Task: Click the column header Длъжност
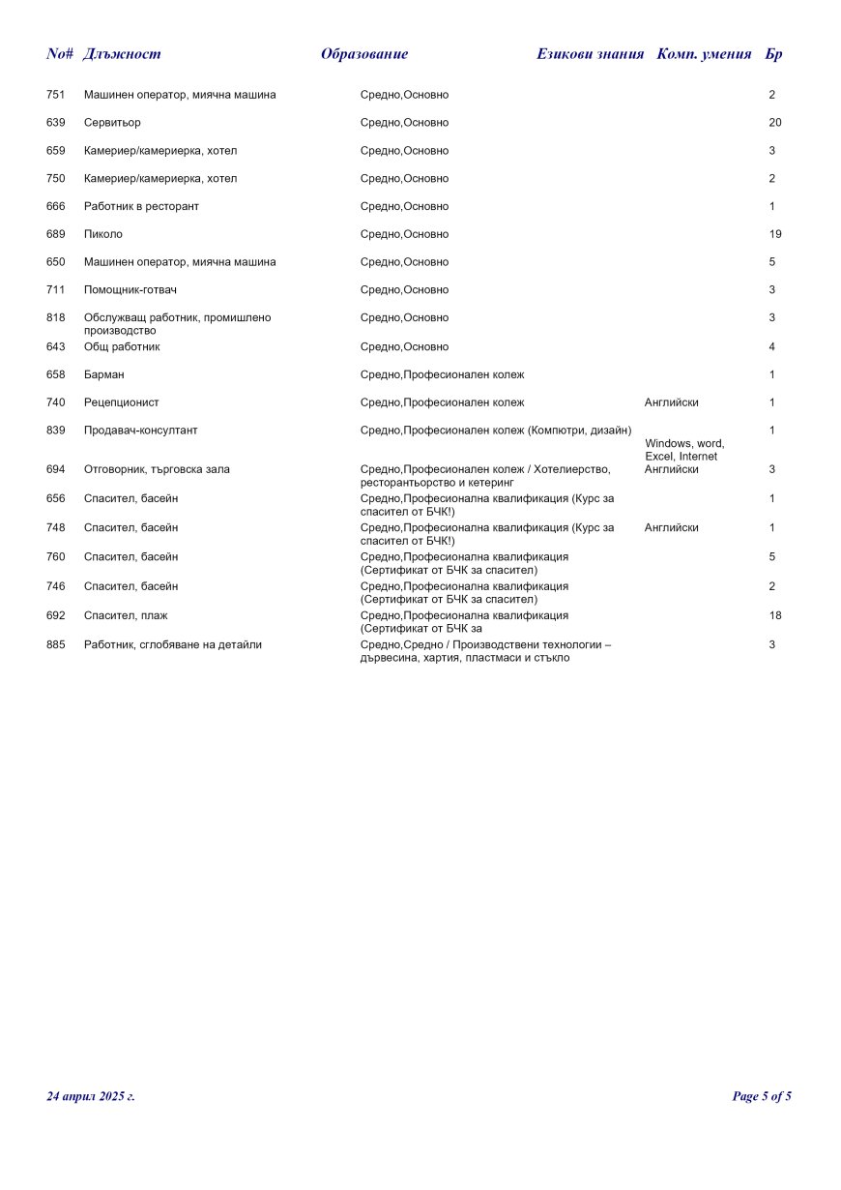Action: (122, 54)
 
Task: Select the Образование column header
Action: (364, 54)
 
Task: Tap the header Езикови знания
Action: (590, 54)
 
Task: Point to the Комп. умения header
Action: (704, 54)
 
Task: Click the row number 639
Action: (56, 123)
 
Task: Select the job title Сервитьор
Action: (112, 123)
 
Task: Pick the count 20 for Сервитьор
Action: (774, 123)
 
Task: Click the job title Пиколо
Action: (103, 234)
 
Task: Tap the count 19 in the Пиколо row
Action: (774, 234)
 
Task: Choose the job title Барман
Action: (104, 374)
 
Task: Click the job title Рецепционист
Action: (122, 402)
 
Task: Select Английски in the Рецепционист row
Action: (671, 402)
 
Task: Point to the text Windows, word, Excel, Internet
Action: (684, 450)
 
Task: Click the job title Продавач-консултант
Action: (141, 431)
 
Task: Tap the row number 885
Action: (56, 644)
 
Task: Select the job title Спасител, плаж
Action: (126, 615)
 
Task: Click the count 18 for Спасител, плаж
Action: (774, 615)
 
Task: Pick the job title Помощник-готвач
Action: (130, 290)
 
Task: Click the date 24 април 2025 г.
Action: (91, 1096)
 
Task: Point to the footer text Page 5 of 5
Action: (762, 1096)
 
